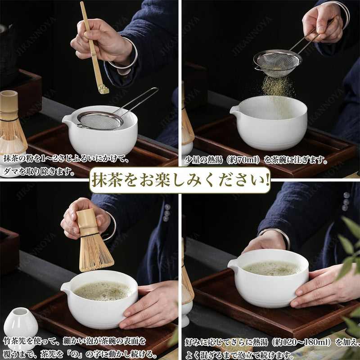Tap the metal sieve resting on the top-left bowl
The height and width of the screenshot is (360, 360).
tap(100, 120)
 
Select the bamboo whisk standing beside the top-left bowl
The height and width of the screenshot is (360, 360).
tap(10, 124)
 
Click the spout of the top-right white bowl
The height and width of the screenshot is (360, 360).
tap(234, 109)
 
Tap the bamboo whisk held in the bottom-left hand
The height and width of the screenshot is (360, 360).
tap(94, 245)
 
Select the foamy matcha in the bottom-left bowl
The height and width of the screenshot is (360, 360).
tap(103, 291)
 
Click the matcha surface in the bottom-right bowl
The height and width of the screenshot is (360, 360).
tap(272, 268)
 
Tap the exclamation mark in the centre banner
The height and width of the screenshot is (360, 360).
tap(267, 180)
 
